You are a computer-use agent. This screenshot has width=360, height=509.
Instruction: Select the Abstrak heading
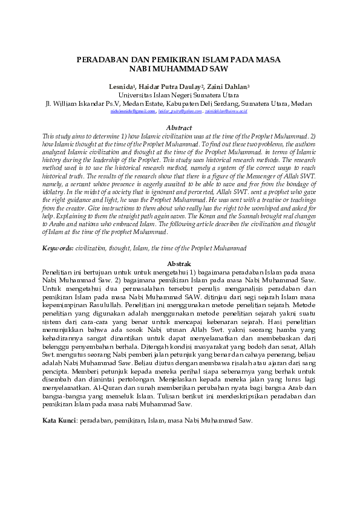tap(178, 264)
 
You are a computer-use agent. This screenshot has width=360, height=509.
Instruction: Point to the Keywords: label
tap(58, 248)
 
